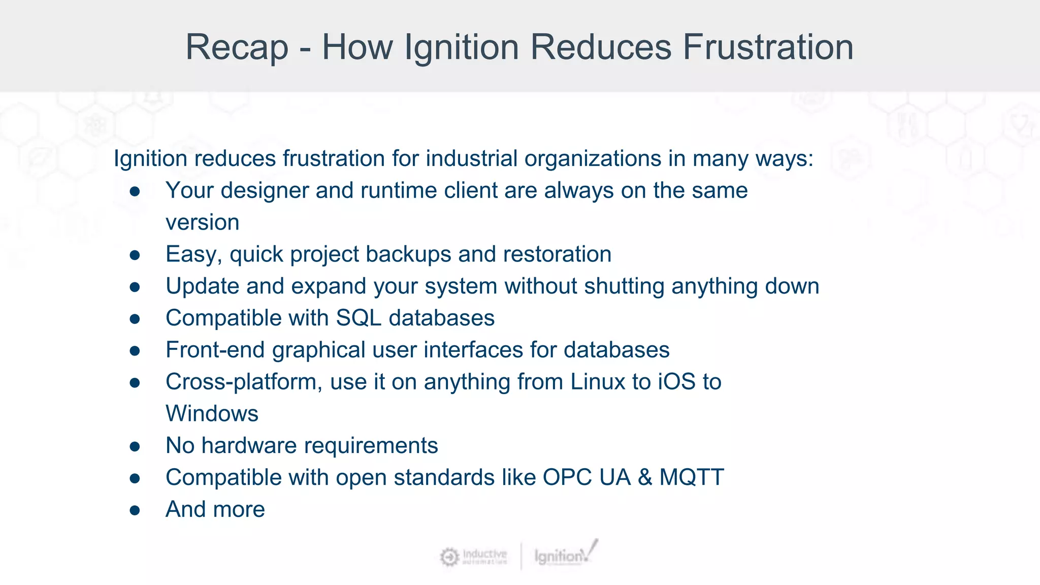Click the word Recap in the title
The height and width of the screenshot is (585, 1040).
pyautogui.click(x=237, y=47)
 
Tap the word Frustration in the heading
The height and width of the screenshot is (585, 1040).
pyautogui.click(x=768, y=47)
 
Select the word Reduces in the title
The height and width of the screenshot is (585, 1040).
pyautogui.click(x=601, y=47)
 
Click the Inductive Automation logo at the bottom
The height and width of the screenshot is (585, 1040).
pyautogui.click(x=473, y=557)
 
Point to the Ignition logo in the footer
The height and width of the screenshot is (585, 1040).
pyautogui.click(x=565, y=555)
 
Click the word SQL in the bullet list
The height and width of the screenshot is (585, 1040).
pyautogui.click(x=359, y=318)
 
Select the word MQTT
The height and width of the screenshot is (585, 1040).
pyautogui.click(x=692, y=478)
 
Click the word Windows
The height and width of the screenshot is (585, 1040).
pyautogui.click(x=212, y=414)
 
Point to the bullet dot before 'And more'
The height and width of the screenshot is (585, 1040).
pyautogui.click(x=135, y=510)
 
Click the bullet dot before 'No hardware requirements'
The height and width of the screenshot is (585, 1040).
pyautogui.click(x=135, y=446)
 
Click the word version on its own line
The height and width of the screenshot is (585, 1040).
pyautogui.click(x=202, y=223)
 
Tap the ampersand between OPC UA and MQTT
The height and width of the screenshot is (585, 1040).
pyautogui.click(x=645, y=478)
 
